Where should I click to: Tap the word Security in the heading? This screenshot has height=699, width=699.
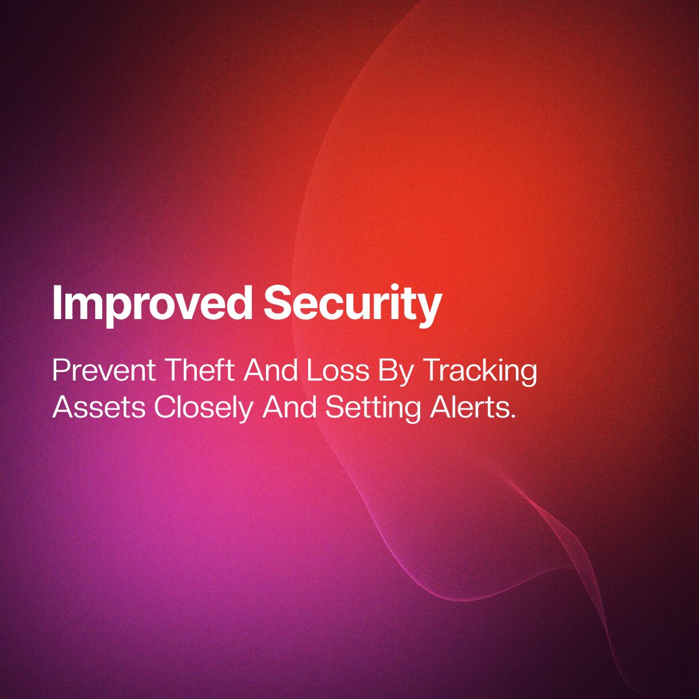353,304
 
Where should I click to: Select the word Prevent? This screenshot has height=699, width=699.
104,372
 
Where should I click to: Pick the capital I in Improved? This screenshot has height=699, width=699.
57,304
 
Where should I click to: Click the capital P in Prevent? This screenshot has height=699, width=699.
60,372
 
